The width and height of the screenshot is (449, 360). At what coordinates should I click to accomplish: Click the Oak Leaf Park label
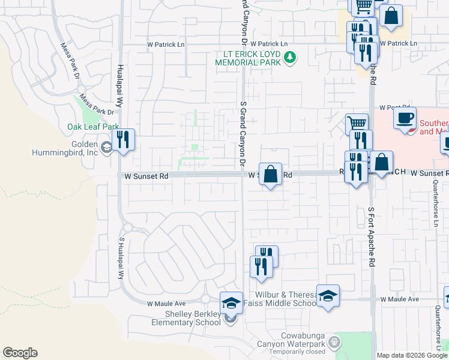[x=93, y=127]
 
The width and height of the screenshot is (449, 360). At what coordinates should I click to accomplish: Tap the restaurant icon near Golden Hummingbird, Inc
[x=123, y=140]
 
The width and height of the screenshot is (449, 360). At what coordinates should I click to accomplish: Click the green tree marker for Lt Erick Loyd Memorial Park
[x=291, y=58]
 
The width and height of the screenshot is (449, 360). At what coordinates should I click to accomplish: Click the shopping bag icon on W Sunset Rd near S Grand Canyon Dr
[x=270, y=174]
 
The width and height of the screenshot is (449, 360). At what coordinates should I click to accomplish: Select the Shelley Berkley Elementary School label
[x=193, y=318]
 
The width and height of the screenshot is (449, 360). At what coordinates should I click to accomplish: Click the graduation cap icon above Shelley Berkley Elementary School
[x=231, y=302]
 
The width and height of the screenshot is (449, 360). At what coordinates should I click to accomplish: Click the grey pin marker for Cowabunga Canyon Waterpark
[x=335, y=343]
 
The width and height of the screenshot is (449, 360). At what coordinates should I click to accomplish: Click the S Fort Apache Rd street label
[x=371, y=237]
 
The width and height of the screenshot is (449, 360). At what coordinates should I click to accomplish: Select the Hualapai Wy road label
[x=120, y=85]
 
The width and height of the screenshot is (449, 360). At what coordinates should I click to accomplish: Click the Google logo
[x=20, y=353]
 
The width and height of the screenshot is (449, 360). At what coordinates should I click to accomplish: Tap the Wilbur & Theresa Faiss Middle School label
[x=280, y=299]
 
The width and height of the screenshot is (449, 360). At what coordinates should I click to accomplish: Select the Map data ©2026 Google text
[x=412, y=355]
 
